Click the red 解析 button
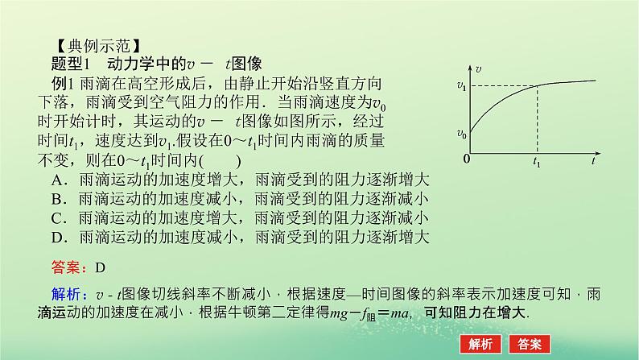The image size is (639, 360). [x=480, y=342]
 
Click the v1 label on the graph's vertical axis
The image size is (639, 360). [x=461, y=85]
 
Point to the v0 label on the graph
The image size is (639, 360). [x=461, y=134]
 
